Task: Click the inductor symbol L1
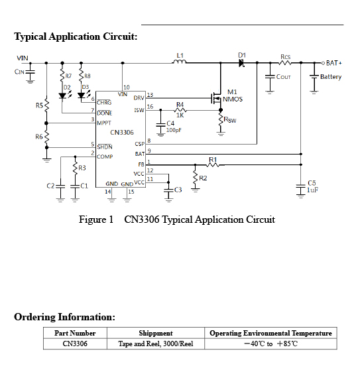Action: (x=179, y=62)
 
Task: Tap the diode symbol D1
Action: (x=241, y=63)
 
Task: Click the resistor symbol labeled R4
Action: (x=180, y=111)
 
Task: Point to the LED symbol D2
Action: (x=62, y=95)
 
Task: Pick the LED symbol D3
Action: (x=81, y=95)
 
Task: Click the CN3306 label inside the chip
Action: (x=122, y=133)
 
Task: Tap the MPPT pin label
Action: (x=104, y=123)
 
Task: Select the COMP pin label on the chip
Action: (x=105, y=157)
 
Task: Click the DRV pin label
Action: (x=139, y=98)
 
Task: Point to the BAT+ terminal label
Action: (x=334, y=63)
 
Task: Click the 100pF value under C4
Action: (x=174, y=130)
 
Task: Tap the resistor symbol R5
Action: (x=46, y=105)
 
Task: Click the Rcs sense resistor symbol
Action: (x=285, y=63)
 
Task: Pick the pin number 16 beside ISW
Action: (x=150, y=107)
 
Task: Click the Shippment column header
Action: (x=156, y=333)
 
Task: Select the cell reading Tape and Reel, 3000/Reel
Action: (x=156, y=344)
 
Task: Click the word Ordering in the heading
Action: (x=35, y=318)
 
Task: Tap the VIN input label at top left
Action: (x=23, y=58)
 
